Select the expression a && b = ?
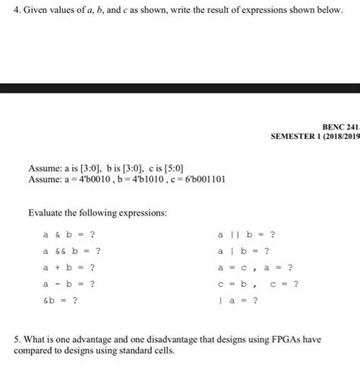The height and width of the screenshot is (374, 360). tap(72, 250)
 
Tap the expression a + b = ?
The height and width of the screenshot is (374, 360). tap(69, 267)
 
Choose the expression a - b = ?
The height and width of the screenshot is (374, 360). tap(69, 284)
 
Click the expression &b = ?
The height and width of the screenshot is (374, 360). tap(60, 300)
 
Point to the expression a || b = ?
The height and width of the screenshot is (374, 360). tap(246, 234)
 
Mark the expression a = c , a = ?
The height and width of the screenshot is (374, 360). tap(255, 267)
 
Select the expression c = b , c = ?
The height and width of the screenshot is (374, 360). tap(258, 284)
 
